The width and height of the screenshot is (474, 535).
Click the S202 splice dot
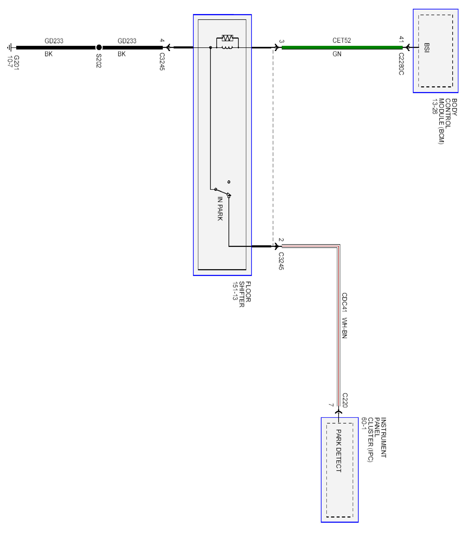(x=99, y=47)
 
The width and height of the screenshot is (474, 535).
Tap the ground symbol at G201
(x=10, y=47)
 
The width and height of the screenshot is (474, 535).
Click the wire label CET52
(x=341, y=40)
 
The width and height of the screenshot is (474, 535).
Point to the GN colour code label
(x=337, y=54)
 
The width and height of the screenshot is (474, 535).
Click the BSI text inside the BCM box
(x=426, y=48)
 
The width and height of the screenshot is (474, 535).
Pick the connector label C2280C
(x=401, y=64)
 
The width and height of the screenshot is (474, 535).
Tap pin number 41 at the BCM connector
(x=401, y=39)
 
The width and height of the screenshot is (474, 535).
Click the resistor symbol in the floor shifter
(x=227, y=38)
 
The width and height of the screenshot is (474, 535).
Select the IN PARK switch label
(x=220, y=209)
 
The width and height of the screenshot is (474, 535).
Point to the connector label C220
(x=345, y=400)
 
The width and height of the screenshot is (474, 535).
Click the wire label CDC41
(x=344, y=302)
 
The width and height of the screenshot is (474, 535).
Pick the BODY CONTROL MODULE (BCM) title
(x=444, y=121)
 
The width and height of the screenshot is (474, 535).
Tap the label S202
(x=99, y=61)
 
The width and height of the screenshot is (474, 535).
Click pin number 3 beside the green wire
(x=281, y=41)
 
